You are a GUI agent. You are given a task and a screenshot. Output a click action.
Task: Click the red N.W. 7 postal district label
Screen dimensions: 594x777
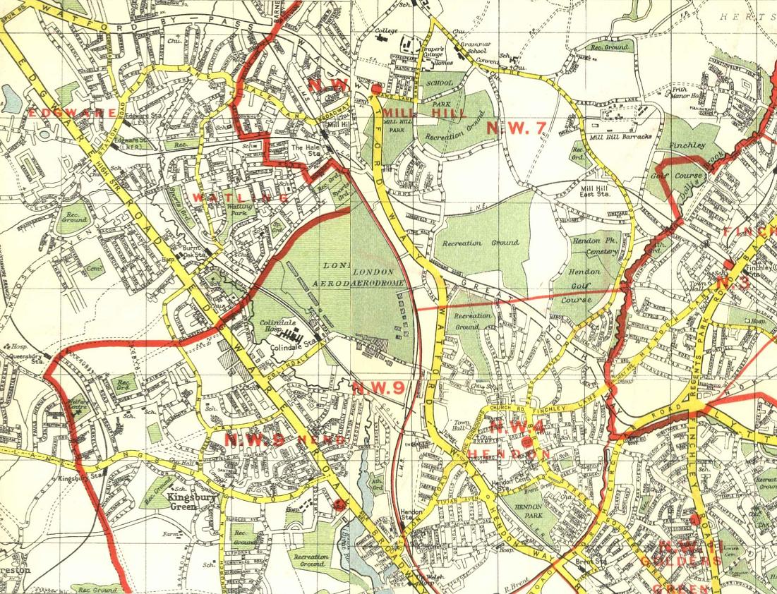tap(517, 128)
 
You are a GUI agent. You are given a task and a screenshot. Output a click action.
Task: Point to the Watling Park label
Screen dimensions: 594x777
tap(239, 210)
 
